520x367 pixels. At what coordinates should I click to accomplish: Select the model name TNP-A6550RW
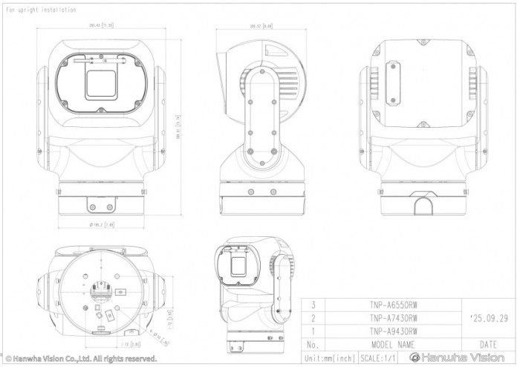tap(392, 305)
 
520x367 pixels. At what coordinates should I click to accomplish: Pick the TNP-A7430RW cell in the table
tap(392, 318)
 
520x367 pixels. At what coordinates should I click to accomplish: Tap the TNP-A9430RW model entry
tap(392, 331)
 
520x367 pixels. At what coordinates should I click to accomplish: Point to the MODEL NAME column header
tap(392, 345)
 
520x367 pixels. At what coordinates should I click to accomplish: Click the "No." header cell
tap(313, 345)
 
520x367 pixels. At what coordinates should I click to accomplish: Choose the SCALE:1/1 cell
tap(377, 358)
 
